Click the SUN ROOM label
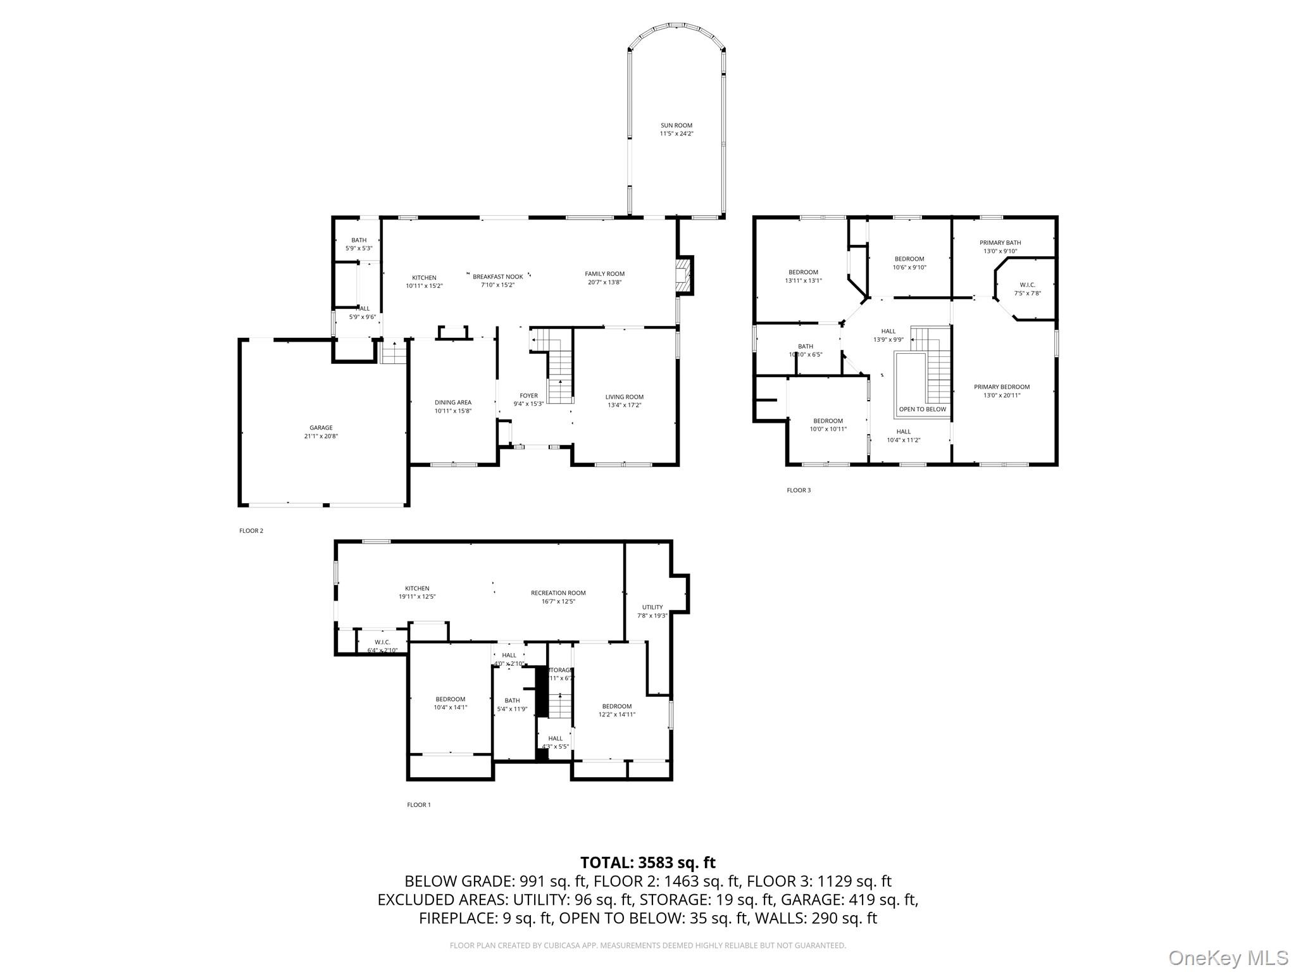pos(676,125)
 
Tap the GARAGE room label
pos(321,428)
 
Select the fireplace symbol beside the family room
pos(683,276)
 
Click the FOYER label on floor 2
pos(528,396)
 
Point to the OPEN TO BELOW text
pos(922,409)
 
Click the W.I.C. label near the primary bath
pos(1027,285)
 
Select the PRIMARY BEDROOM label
pos(1001,387)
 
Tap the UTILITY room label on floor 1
pos(652,607)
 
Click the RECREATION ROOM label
pos(558,593)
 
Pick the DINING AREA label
pos(452,402)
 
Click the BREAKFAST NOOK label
pos(497,277)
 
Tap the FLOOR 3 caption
pos(798,490)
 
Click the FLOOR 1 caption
pos(418,805)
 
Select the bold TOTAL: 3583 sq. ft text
pos(647,863)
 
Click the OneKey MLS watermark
pos(1228,957)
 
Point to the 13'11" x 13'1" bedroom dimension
pos(803,280)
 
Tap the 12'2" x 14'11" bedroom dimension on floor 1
pos(616,714)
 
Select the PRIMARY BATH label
pos(1000,242)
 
